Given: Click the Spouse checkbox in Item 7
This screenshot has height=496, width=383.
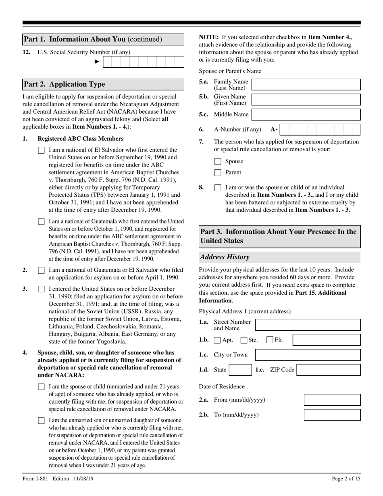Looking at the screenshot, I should [x=218, y=161].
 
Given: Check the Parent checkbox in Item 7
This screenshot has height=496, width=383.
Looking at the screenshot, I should [x=218, y=173].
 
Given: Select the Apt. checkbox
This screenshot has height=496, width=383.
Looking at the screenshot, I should [x=217, y=340].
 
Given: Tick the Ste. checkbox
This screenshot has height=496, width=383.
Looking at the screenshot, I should [x=244, y=340].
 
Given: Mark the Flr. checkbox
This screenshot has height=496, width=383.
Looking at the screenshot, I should [x=270, y=340].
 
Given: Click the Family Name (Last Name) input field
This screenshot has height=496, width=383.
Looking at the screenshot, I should [x=306, y=85].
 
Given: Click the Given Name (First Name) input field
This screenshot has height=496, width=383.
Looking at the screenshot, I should [x=306, y=100].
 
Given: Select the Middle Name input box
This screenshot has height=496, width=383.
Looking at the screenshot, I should [x=306, y=115].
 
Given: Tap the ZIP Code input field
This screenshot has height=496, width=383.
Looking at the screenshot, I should [x=328, y=370].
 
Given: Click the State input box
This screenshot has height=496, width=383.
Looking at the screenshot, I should [x=241, y=370].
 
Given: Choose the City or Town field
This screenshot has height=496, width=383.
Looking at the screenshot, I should [x=308, y=355].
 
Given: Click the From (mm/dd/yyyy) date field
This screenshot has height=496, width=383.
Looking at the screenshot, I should [x=332, y=400].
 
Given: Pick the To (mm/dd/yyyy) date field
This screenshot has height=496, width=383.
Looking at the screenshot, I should [x=332, y=415].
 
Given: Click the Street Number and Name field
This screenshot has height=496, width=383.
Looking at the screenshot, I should [x=308, y=325].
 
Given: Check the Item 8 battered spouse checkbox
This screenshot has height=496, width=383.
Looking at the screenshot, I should [x=218, y=188].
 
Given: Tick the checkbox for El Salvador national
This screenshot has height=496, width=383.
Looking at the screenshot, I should [x=41, y=150].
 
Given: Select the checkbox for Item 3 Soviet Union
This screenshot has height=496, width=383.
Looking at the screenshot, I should [x=41, y=289].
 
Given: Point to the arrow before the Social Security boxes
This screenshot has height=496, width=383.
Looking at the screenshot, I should [x=97, y=62].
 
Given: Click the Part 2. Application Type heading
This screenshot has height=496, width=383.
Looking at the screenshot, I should [x=65, y=84].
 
